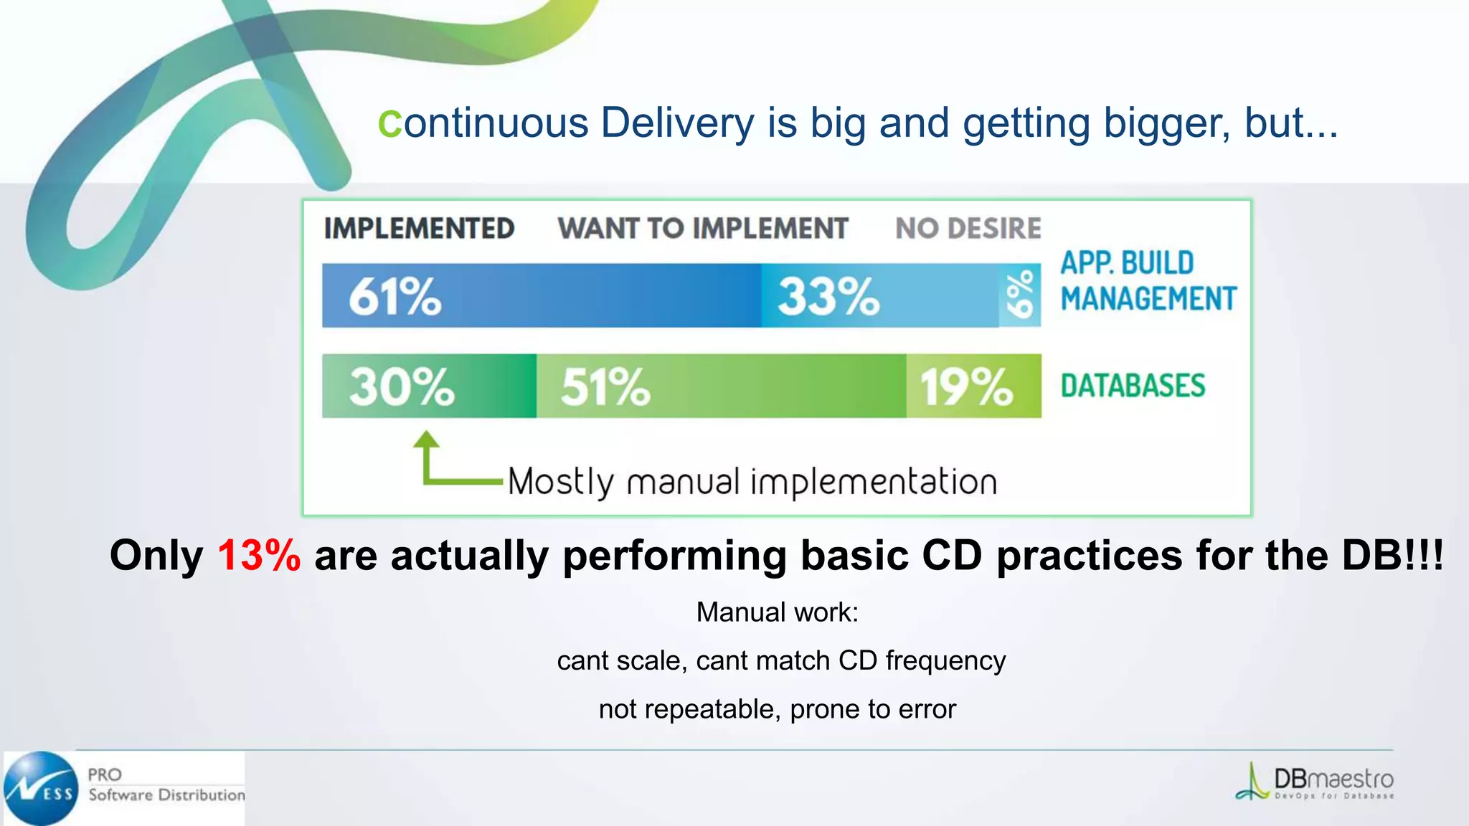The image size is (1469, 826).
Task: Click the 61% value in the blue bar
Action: tap(395, 296)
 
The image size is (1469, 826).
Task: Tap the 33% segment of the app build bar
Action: tap(828, 296)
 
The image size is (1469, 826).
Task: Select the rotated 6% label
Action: tap(1020, 295)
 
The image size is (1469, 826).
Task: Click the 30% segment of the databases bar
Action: tap(402, 386)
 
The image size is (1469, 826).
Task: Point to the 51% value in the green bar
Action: tap(605, 386)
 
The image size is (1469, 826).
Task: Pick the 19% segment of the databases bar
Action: tap(966, 386)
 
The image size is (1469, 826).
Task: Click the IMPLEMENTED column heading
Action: tap(419, 229)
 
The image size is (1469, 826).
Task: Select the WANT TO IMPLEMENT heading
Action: tap(703, 229)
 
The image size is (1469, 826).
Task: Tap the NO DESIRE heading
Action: tap(968, 229)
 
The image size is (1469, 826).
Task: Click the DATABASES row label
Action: tap(1133, 386)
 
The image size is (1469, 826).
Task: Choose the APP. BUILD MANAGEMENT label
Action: tap(1148, 281)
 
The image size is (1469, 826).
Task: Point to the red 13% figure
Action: tap(259, 556)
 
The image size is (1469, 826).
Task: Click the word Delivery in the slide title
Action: tap(677, 123)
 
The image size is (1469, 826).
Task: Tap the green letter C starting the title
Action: tap(390, 124)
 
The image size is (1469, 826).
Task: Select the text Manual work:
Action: tap(777, 612)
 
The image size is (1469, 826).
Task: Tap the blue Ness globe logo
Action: tap(42, 788)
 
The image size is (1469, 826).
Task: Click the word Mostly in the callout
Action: tap(561, 482)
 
